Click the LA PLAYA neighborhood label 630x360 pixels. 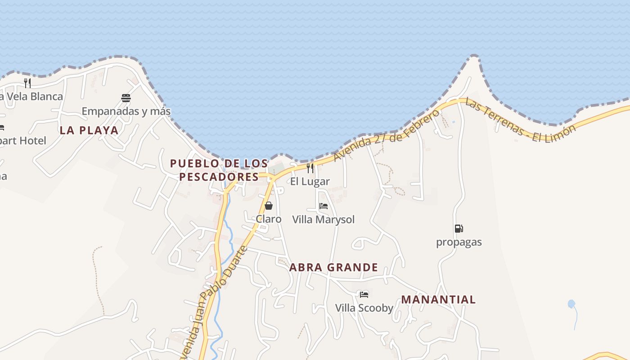[x=89, y=130]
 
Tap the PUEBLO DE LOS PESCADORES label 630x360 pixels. [x=219, y=170]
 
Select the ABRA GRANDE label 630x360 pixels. [x=333, y=268]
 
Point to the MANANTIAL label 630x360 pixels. [x=438, y=300]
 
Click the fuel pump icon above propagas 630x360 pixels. [x=459, y=229]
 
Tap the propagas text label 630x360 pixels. [x=459, y=242]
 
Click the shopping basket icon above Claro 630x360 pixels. [x=269, y=206]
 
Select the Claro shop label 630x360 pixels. [x=269, y=219]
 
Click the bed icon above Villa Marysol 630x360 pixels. [x=324, y=206]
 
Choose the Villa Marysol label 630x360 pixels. [x=324, y=220]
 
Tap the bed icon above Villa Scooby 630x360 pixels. [x=364, y=295]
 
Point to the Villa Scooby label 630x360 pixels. [x=364, y=308]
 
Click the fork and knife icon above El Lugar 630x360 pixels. [x=310, y=168]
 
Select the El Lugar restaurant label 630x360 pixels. [x=310, y=182]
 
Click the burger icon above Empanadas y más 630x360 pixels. [x=126, y=98]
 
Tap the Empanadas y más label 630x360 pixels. [x=126, y=111]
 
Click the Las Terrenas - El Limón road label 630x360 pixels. [x=520, y=121]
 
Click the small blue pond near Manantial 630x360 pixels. [x=571, y=304]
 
